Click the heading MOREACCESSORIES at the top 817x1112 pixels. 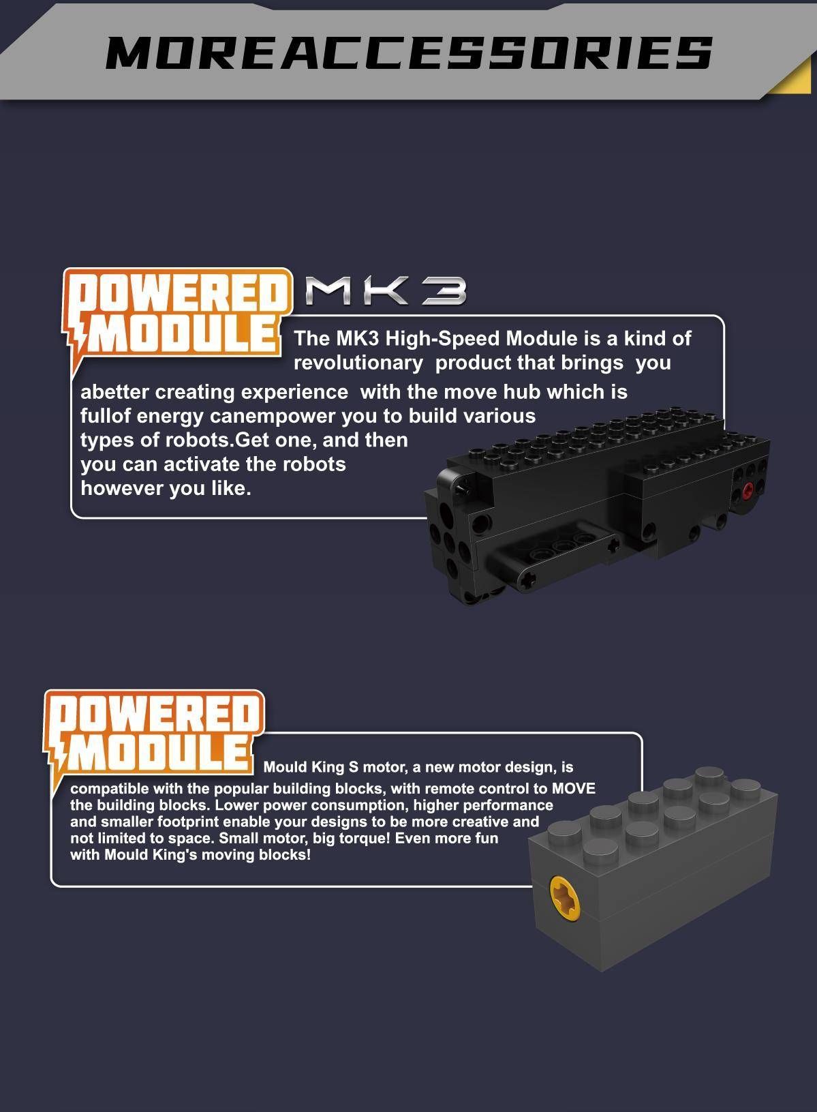click(x=409, y=52)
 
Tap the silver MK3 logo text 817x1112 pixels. click(x=386, y=291)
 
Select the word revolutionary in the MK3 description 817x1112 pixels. click(x=358, y=363)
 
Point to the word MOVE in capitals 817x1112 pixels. click(x=574, y=788)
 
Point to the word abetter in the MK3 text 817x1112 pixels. click(x=115, y=392)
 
